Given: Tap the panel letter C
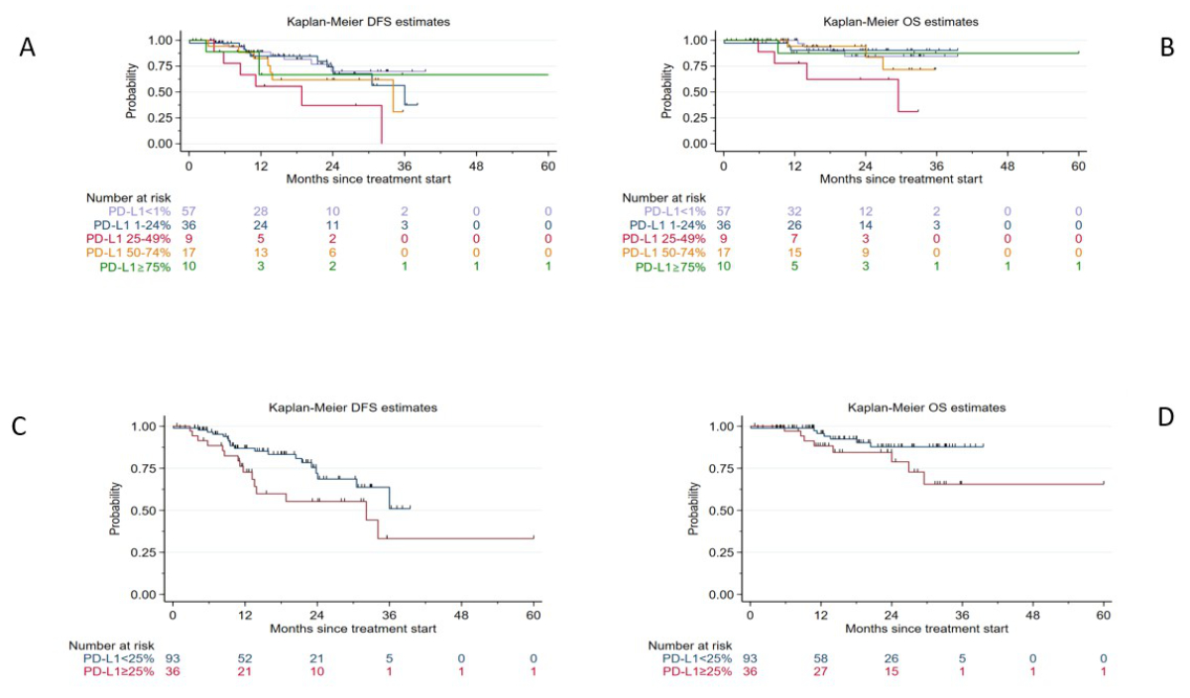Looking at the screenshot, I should coord(19,427).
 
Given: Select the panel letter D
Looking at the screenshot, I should coord(1165,416).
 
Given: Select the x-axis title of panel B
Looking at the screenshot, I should coord(902,179).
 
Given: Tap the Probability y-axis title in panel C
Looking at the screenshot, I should coord(116,510).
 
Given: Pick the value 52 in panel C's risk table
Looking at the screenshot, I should coord(246,659).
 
